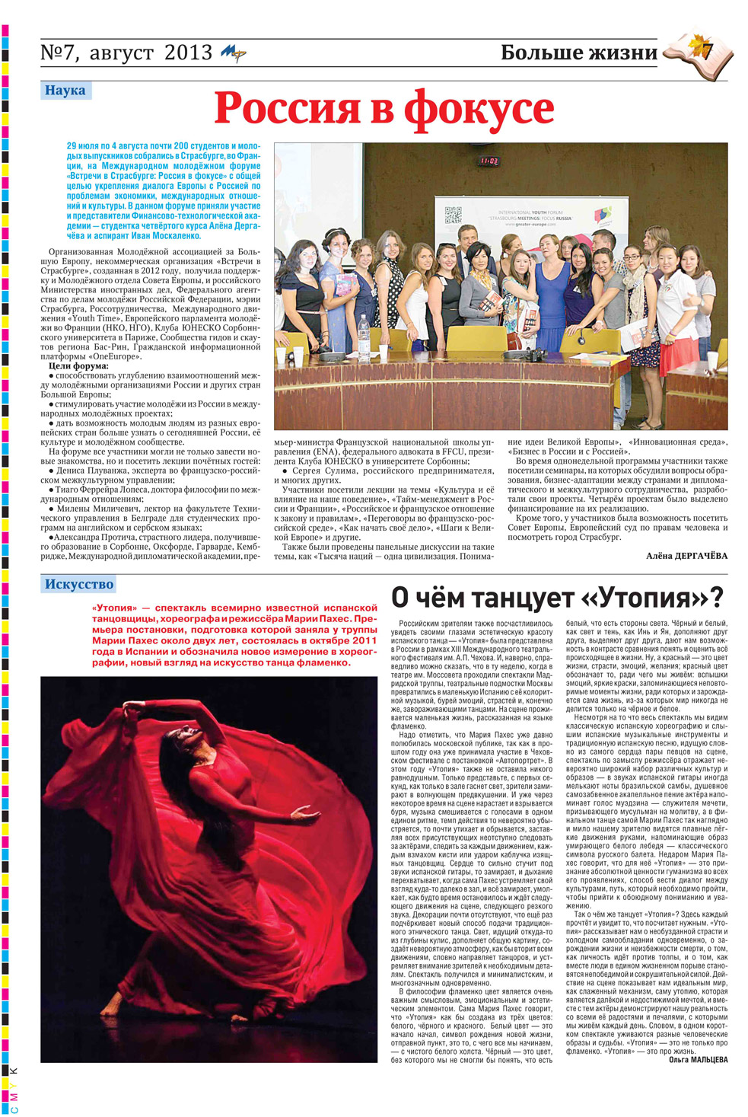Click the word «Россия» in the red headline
click(x=286, y=108)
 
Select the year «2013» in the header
click(x=188, y=53)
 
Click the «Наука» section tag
click(x=65, y=91)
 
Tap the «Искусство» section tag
click(x=78, y=585)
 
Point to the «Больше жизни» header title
click(x=578, y=53)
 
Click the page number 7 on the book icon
click(x=707, y=52)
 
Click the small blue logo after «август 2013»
click(x=233, y=53)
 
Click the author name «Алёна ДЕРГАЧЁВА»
click(x=686, y=556)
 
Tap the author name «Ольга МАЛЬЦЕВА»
click(x=698, y=1060)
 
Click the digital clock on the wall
click(x=488, y=161)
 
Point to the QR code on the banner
click(x=453, y=215)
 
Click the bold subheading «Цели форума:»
click(x=78, y=366)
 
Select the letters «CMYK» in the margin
click(x=14, y=1089)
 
